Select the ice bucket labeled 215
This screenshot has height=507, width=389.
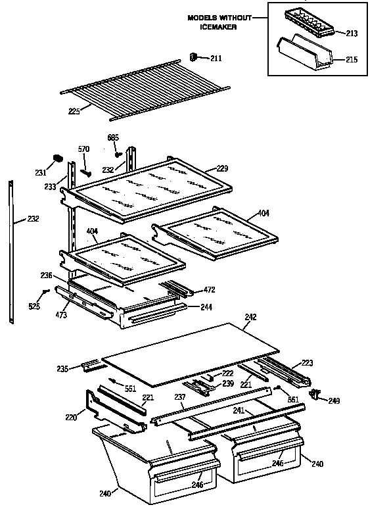coord(304,55)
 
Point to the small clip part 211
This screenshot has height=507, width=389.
coord(194,57)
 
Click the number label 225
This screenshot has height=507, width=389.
coord(74,112)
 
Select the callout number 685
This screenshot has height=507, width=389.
coord(113,137)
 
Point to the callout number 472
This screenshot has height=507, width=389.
coord(209,289)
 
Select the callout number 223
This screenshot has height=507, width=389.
coord(307,362)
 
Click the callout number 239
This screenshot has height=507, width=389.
coord(227,383)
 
